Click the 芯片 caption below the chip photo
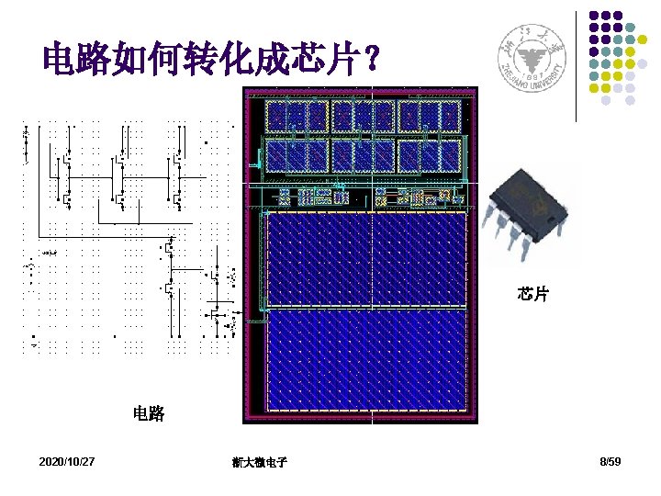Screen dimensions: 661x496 click(x=532, y=294)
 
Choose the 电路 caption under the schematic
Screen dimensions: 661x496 click(x=149, y=414)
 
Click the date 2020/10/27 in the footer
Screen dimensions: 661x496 click(x=67, y=460)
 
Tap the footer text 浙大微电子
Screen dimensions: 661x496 click(x=260, y=462)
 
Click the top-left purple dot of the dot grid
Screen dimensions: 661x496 click(x=593, y=16)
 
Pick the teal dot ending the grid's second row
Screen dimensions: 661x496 click(x=644, y=39)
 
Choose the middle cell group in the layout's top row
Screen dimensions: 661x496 click(x=365, y=115)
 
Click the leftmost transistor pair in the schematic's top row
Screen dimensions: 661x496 click(x=67, y=175)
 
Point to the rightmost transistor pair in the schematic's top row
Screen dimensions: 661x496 click(x=172, y=175)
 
